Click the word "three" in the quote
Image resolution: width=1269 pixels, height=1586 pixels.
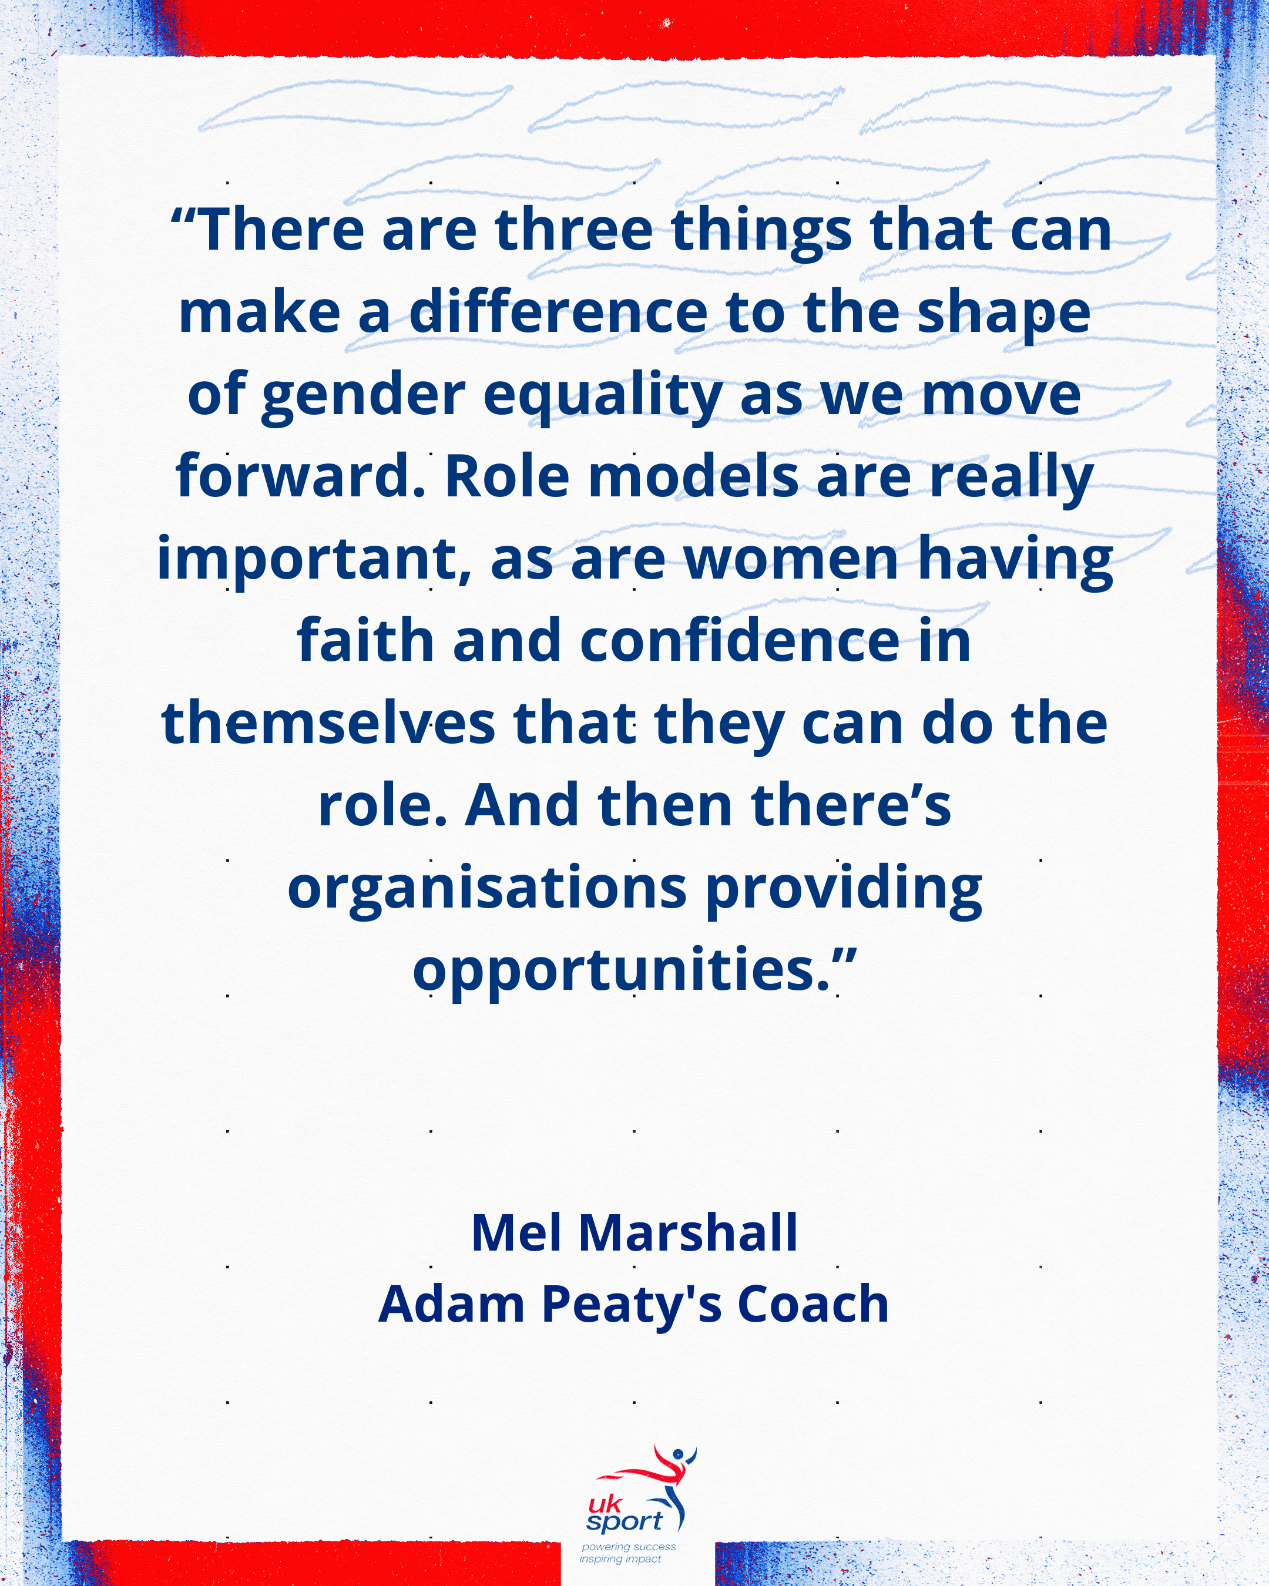[575, 230]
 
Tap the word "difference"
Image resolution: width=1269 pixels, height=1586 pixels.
[558, 312]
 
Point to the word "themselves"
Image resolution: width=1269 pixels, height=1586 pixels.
[328, 723]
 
